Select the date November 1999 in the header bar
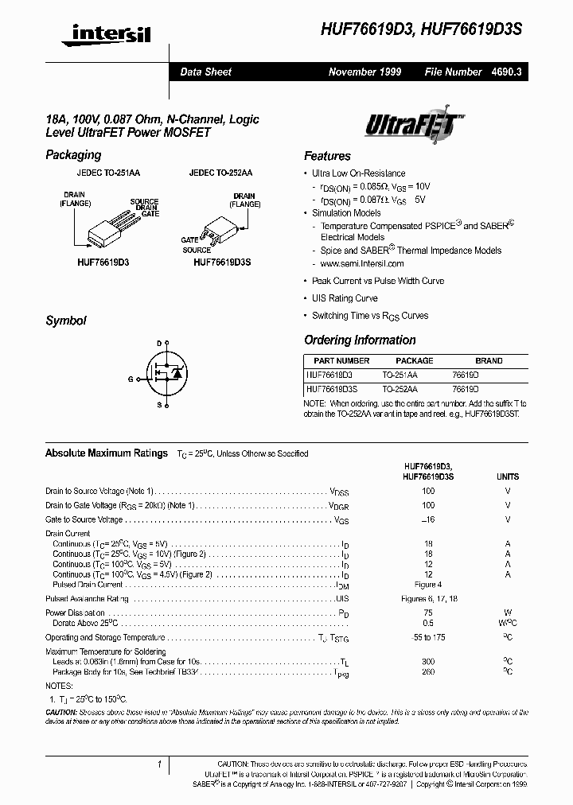click(364, 72)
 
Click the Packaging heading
click(73, 154)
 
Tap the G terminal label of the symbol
click(131, 379)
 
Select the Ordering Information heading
click(360, 340)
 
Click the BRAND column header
click(489, 360)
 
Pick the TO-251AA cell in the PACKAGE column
click(400, 373)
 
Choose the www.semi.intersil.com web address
click(362, 263)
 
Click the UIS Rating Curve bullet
click(345, 298)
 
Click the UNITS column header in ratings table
click(507, 476)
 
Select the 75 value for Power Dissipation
click(428, 613)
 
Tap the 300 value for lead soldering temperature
click(428, 661)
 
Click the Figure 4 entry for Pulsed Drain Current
click(428, 585)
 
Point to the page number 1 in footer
click(159, 764)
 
